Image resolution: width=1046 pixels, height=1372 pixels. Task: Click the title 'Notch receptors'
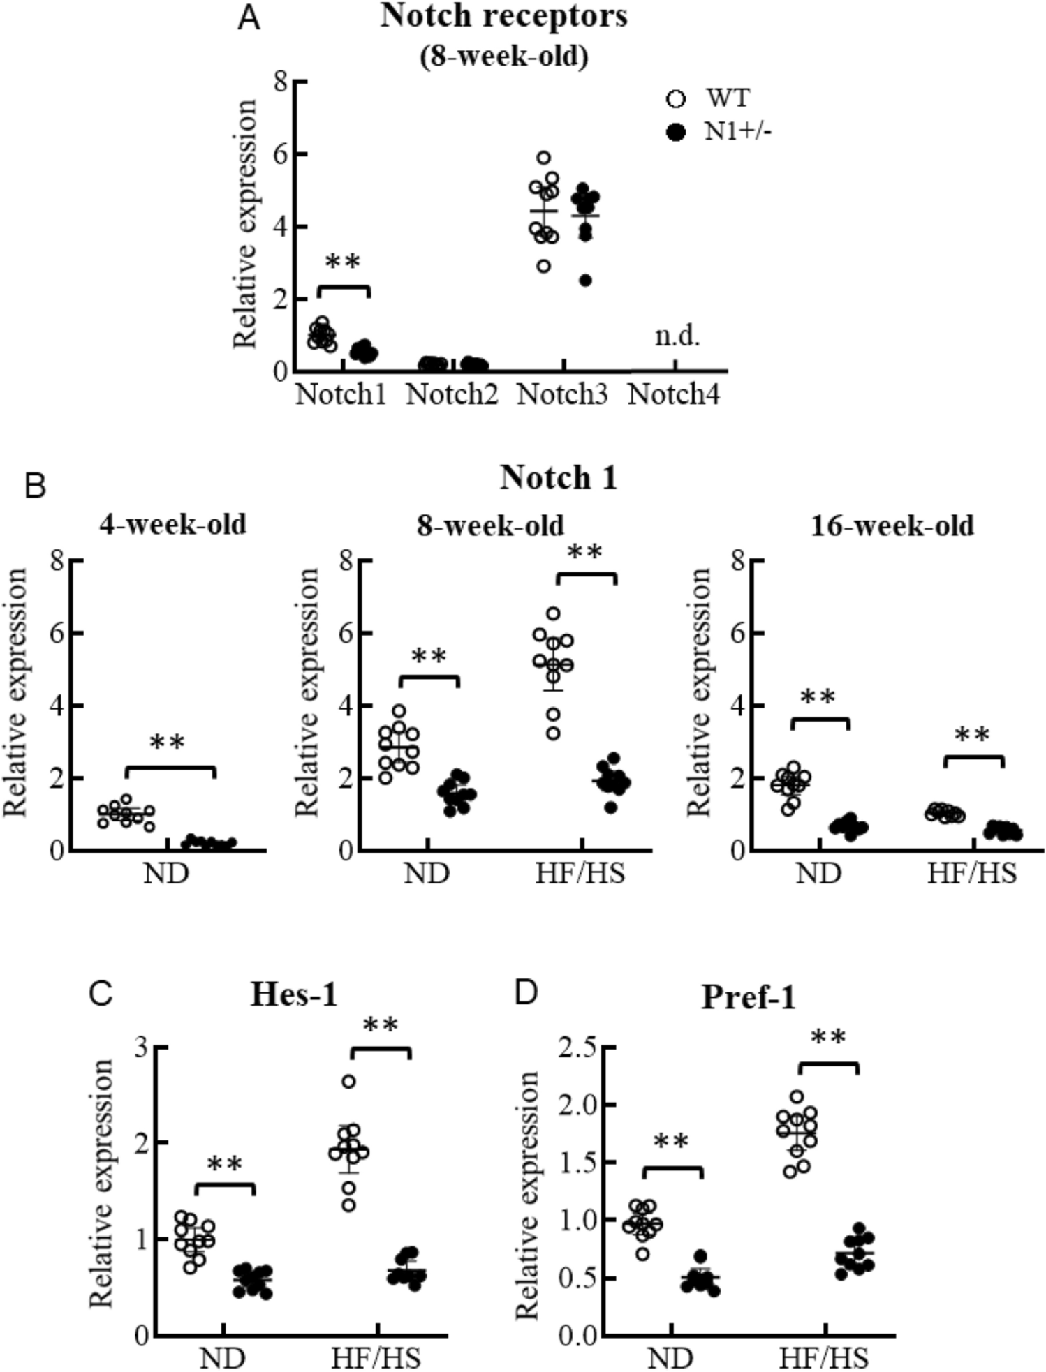click(503, 17)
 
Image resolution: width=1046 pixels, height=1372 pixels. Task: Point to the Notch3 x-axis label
click(562, 396)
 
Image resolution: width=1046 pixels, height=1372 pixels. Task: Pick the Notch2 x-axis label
click(452, 396)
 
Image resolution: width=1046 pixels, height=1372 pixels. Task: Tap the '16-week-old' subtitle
click(892, 525)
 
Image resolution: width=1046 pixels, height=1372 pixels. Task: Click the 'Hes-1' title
click(294, 996)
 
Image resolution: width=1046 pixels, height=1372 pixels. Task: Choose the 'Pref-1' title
click(748, 998)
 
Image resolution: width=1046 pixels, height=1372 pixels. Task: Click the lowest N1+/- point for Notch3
click(586, 281)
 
